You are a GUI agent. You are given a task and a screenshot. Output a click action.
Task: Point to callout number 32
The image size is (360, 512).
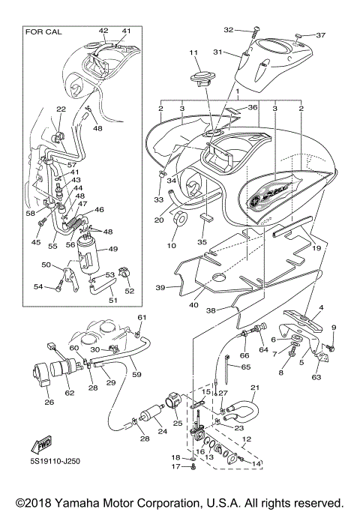[x=229, y=30]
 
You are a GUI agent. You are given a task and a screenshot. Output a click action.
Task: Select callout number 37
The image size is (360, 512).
[x=320, y=35]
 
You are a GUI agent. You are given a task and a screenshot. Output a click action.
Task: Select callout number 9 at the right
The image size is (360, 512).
[x=334, y=328]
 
